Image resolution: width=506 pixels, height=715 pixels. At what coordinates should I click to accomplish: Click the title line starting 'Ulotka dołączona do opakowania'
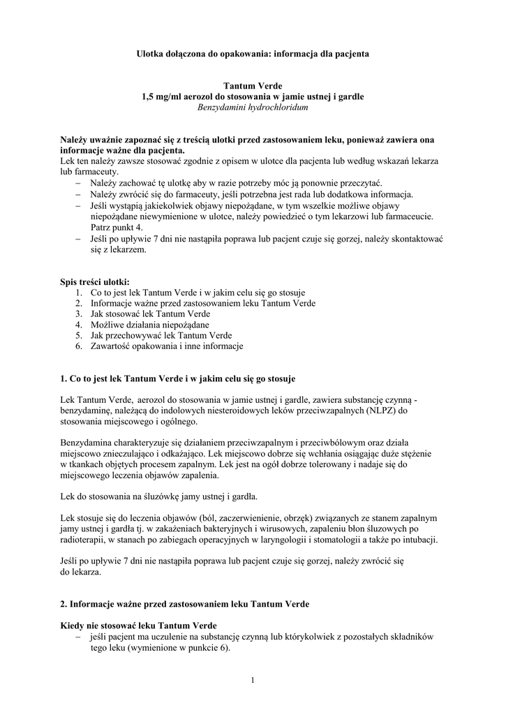tap(252, 53)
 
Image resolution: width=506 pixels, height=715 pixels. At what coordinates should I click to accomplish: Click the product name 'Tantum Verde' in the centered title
tap(252, 85)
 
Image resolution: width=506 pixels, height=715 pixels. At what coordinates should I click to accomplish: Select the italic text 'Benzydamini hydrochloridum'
tap(252, 108)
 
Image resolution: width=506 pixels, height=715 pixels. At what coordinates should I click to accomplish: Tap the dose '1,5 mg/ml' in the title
tap(160, 96)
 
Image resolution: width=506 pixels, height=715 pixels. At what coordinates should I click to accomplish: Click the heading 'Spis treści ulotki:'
tap(95, 281)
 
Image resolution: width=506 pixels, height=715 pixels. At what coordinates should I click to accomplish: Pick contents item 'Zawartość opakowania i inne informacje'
tap(167, 346)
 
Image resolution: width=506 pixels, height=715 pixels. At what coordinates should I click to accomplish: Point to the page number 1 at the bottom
tap(252, 681)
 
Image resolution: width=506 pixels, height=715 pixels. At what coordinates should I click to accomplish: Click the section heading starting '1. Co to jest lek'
tap(177, 378)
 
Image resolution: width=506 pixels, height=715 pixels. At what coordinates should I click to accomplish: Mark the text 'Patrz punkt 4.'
tap(117, 228)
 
